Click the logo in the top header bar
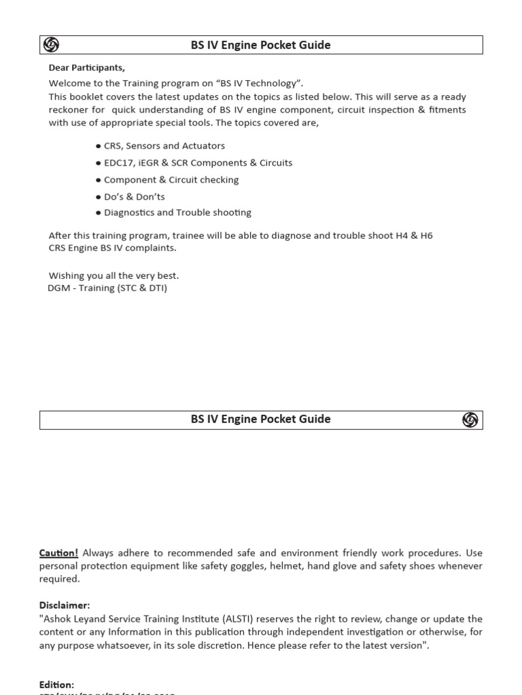coord(51,45)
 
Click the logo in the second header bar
coord(470,420)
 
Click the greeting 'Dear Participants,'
coord(87,67)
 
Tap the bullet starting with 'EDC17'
coord(198,163)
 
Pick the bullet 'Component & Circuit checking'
coord(171,180)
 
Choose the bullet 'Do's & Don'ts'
coord(134,197)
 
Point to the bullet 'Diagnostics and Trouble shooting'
coord(177,212)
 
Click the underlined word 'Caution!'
coord(58,553)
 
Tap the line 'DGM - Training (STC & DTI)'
coord(107,288)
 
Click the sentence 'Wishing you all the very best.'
coord(114,276)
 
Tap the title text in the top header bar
coord(260,45)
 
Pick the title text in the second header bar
coord(260,419)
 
